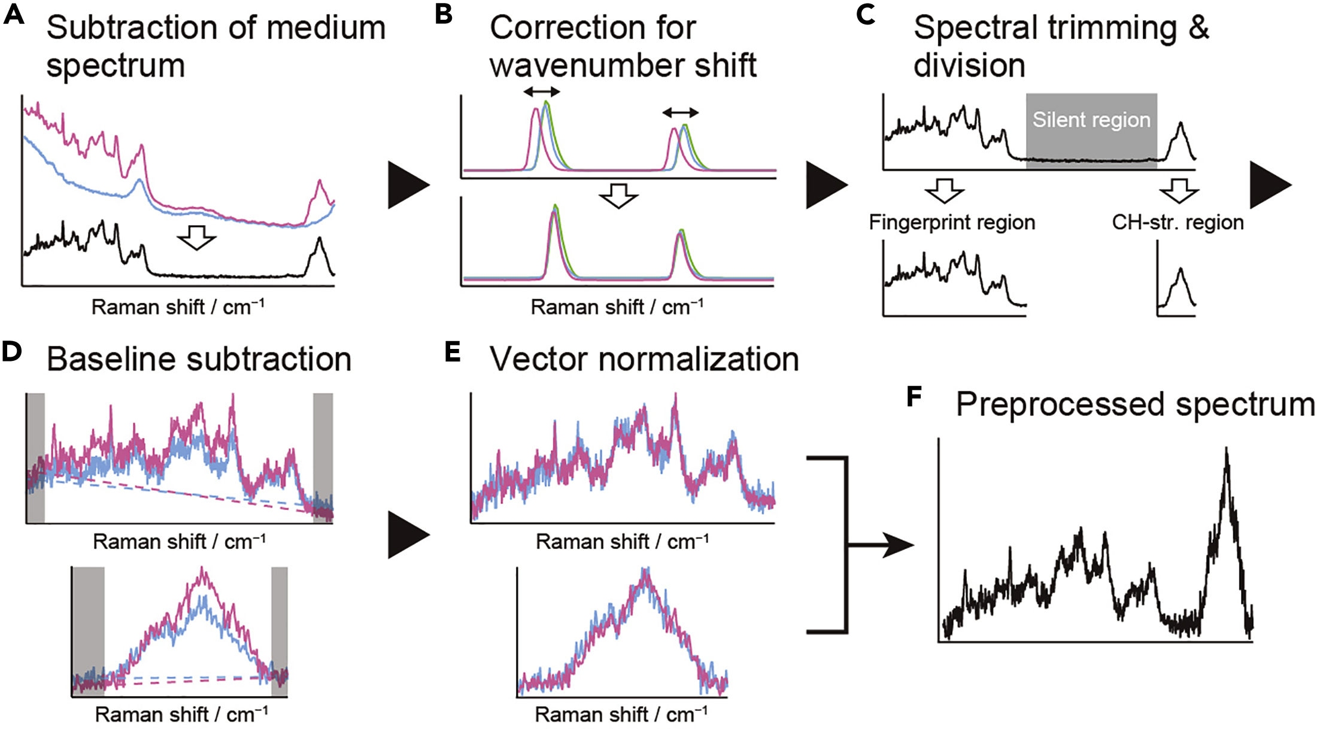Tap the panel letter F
pos(914,397)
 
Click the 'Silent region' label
pos(1091,120)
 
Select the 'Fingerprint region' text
pos(952,222)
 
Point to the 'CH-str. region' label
pos(1178,222)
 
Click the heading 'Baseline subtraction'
pos(199,359)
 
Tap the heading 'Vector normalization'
pos(644,359)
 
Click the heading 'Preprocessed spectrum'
pos(1135,404)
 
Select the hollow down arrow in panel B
pos(618,196)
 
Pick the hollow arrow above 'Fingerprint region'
pos(944,191)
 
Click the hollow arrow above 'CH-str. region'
pos(1179,191)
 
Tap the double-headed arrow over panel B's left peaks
pos(541,92)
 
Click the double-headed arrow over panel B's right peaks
pos(680,113)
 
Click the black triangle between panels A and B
pos(408,185)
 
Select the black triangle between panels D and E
pos(408,535)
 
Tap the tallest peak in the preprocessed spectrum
pos(1226,450)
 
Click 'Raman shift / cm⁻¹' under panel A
pos(178,307)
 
